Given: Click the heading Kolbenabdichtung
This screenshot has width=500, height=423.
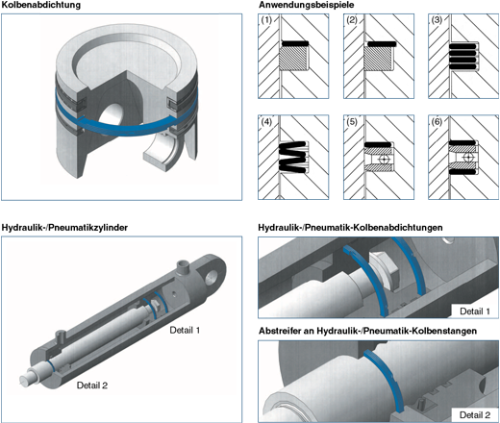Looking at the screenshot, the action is click(x=41, y=5).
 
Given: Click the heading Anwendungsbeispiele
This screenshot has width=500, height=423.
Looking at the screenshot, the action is click(x=307, y=5).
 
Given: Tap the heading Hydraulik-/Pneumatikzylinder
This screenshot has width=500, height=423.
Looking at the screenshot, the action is click(x=64, y=228).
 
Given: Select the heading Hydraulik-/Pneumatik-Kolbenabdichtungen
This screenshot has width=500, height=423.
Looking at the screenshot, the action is click(x=350, y=228).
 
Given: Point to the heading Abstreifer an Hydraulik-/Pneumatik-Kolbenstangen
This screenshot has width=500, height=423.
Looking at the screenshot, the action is click(x=367, y=331).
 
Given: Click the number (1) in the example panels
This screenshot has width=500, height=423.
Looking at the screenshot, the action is click(x=266, y=20).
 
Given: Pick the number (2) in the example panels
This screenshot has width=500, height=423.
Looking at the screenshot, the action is click(x=352, y=20).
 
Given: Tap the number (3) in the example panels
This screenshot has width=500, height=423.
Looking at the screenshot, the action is click(x=437, y=20).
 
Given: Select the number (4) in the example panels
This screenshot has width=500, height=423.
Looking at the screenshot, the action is click(x=266, y=122).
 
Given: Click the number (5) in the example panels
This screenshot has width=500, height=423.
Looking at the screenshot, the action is click(x=352, y=122).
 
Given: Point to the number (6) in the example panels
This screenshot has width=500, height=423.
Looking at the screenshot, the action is click(x=437, y=122).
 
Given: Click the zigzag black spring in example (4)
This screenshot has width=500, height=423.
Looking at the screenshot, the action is click(x=292, y=157).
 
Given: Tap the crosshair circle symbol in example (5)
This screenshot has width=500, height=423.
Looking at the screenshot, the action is click(x=384, y=159).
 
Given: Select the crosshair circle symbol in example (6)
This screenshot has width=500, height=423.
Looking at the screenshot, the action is click(x=468, y=158).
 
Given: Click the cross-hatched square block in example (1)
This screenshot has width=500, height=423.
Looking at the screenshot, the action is click(x=292, y=59).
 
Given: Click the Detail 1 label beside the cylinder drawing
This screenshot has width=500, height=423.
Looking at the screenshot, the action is click(x=185, y=330).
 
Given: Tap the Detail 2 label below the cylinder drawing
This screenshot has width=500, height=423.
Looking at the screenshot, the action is click(x=92, y=386).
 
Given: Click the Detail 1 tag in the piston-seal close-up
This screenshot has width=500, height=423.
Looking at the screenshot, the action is click(x=475, y=311).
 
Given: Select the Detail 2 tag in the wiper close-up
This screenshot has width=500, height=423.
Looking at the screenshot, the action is click(x=475, y=415).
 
